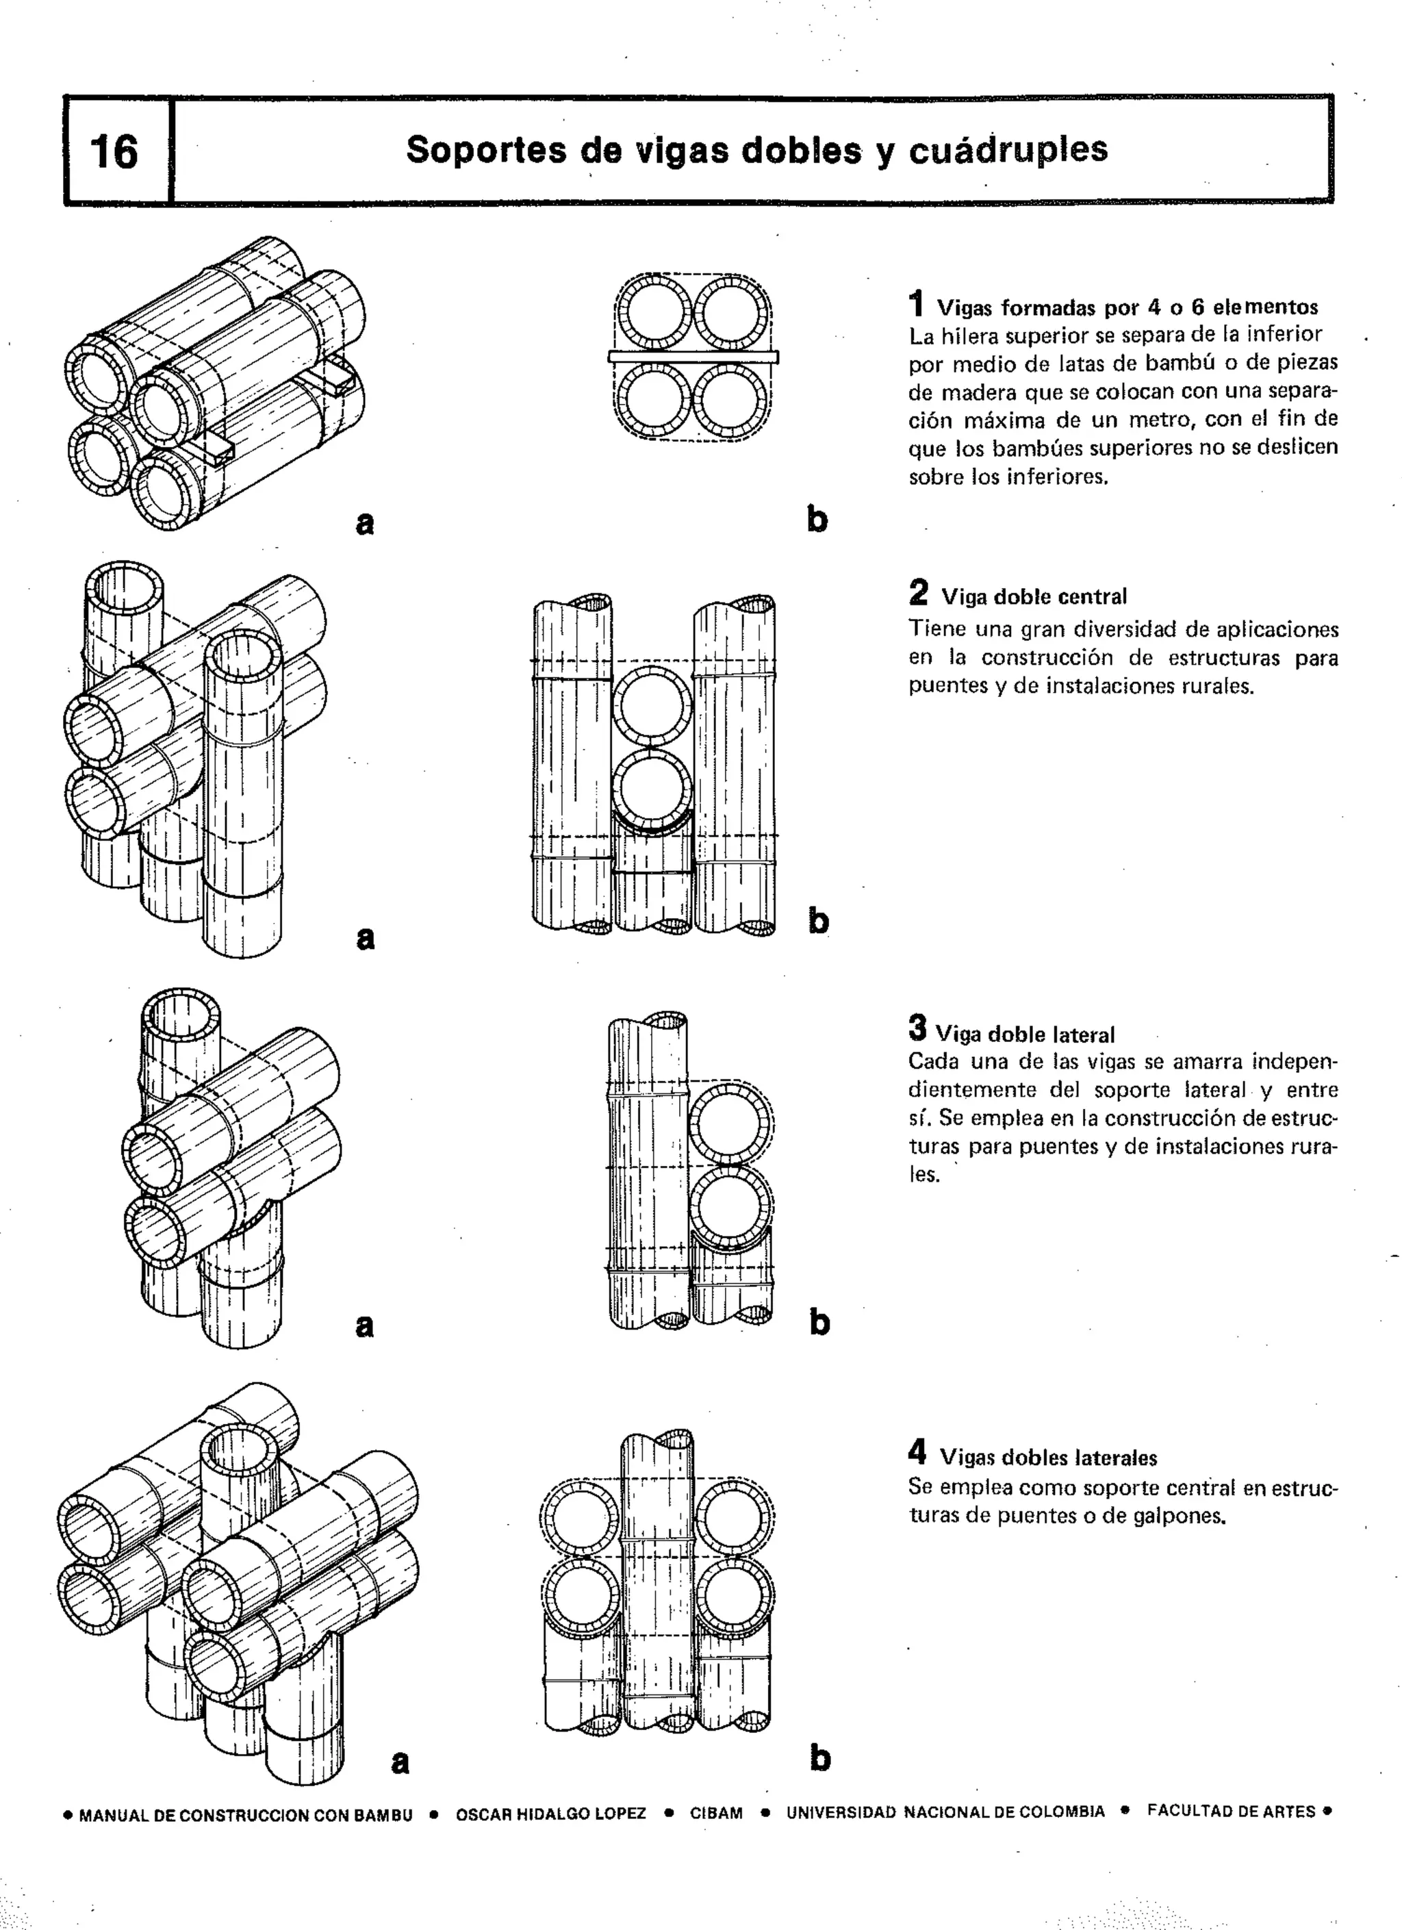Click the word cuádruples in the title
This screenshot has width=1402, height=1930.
pos(1008,150)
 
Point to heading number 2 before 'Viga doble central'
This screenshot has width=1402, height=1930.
pos(918,592)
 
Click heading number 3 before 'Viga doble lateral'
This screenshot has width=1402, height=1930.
pos(917,1028)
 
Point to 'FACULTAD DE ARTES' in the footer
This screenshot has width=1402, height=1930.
pos(1230,1811)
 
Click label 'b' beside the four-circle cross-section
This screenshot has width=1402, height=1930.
pos(817,519)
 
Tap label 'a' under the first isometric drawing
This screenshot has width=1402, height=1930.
pos(364,522)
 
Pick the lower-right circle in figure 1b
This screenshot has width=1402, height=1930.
pos(730,401)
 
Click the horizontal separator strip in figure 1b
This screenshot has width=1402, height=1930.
pos(693,357)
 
